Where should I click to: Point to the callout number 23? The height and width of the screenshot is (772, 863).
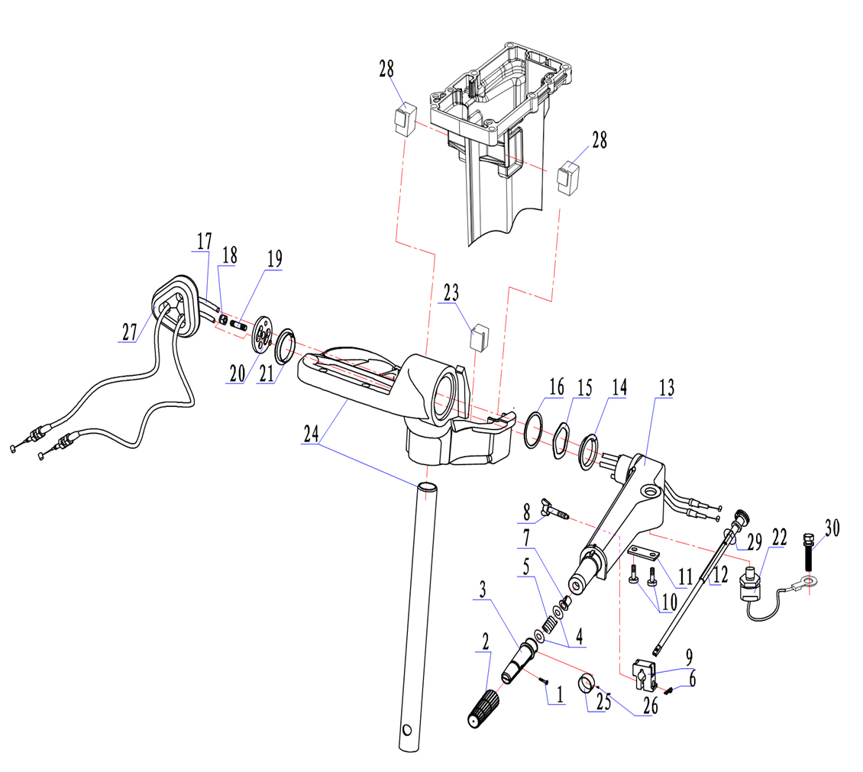tap(451, 292)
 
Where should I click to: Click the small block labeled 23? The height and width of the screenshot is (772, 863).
tap(479, 336)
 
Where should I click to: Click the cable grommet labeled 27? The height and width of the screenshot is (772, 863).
tap(177, 305)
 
